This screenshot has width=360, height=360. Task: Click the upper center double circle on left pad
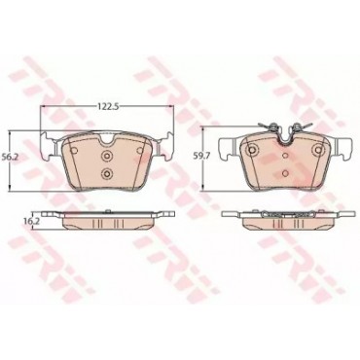point(106,156)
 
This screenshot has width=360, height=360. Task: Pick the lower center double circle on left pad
point(106,173)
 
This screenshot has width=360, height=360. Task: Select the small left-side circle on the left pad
point(74,150)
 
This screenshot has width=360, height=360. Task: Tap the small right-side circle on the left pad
point(140,150)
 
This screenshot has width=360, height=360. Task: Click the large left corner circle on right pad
point(252,149)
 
